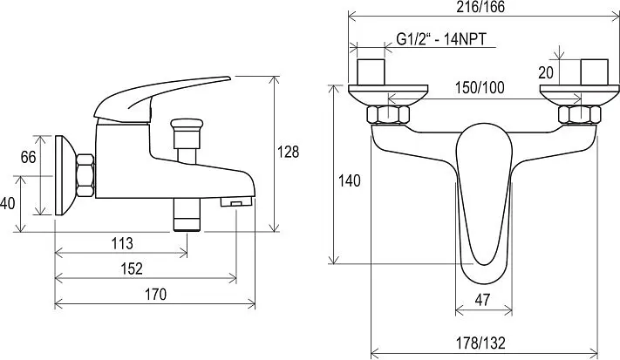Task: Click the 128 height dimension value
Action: coord(289,152)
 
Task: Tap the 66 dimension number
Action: coord(28,157)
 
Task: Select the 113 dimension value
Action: coord(122,243)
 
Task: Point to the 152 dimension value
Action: coord(132,268)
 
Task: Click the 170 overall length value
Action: coord(156,295)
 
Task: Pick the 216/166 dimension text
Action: coord(480,7)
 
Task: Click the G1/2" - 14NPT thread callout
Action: coord(441,39)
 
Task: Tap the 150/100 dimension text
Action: coord(480,88)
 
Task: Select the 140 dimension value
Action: coord(350,181)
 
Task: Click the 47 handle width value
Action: coord(482,300)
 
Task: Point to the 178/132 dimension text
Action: coord(480,343)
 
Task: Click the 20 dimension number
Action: coord(546,72)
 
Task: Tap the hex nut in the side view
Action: coord(85,175)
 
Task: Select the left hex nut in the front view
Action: coord(388,114)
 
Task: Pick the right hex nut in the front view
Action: coord(580,114)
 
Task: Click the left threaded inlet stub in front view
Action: coord(371,72)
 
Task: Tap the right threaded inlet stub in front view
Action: coord(595,72)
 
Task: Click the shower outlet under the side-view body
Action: coord(187,214)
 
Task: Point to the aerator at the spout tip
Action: coord(236,202)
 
